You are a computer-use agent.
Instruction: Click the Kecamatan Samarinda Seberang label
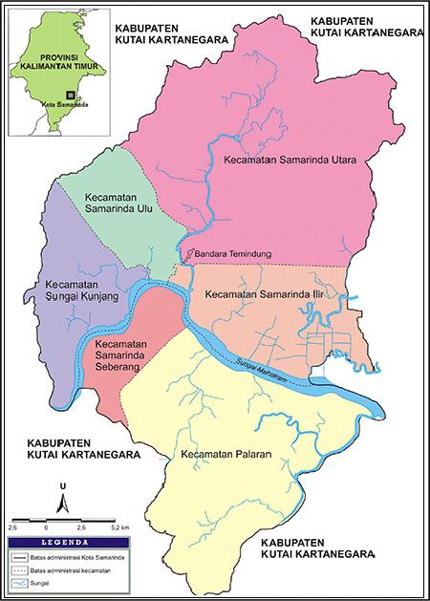point(125,350)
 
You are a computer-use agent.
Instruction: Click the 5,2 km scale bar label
point(119,526)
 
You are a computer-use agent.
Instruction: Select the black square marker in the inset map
point(70,95)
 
